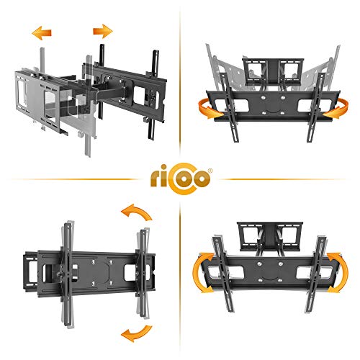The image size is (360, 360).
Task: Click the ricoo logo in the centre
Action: click(181, 178)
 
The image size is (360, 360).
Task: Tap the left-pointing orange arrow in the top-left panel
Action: click(42, 33)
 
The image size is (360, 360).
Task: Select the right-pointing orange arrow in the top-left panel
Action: click(103, 31)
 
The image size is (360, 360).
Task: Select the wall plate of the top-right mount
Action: click(273, 71)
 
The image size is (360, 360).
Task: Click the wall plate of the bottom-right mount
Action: click(270, 236)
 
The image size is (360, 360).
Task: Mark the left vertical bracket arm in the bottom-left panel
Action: click(67, 274)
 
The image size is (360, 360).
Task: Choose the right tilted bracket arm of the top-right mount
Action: click(316, 107)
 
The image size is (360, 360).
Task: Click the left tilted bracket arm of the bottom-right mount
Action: click(223, 274)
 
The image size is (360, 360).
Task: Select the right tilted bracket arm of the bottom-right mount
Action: click(316, 274)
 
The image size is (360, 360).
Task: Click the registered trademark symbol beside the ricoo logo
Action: click(210, 171)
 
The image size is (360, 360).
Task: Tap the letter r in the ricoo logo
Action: click(155, 179)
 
